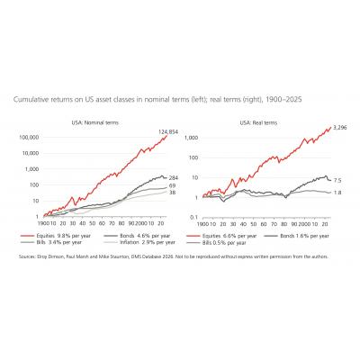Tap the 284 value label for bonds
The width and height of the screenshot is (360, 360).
tap(173, 177)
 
